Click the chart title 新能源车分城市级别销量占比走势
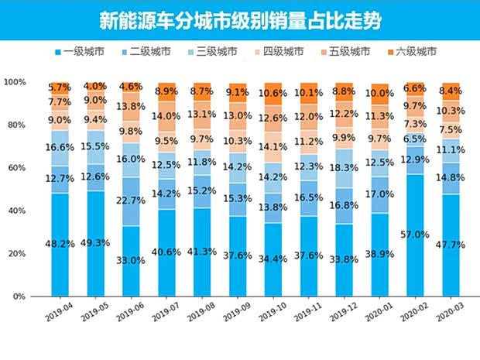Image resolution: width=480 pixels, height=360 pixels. point(240,19)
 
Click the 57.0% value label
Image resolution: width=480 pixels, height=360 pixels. point(415,235)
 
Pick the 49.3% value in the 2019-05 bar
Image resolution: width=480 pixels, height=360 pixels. point(95,243)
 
